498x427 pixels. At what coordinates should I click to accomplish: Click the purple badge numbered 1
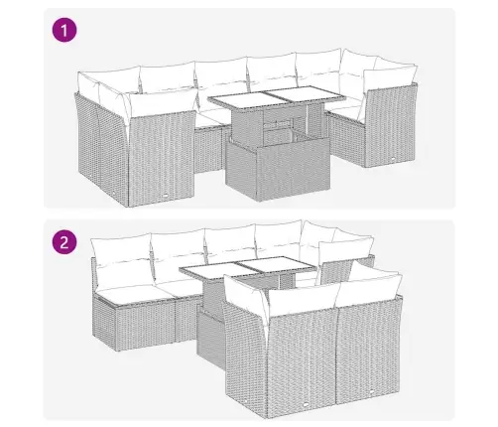[64, 31]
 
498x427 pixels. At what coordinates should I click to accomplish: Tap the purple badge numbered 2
[64, 242]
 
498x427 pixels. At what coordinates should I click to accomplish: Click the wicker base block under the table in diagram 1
[278, 170]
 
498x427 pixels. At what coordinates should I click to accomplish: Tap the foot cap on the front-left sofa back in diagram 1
[165, 196]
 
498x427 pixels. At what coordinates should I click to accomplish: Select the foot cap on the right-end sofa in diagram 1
[392, 159]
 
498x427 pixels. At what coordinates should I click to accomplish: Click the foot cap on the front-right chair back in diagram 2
[371, 391]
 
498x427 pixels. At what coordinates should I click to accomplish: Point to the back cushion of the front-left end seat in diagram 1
[162, 103]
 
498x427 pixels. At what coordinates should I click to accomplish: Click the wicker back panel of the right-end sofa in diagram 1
[390, 126]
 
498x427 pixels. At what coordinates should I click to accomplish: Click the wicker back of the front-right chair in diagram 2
[368, 349]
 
